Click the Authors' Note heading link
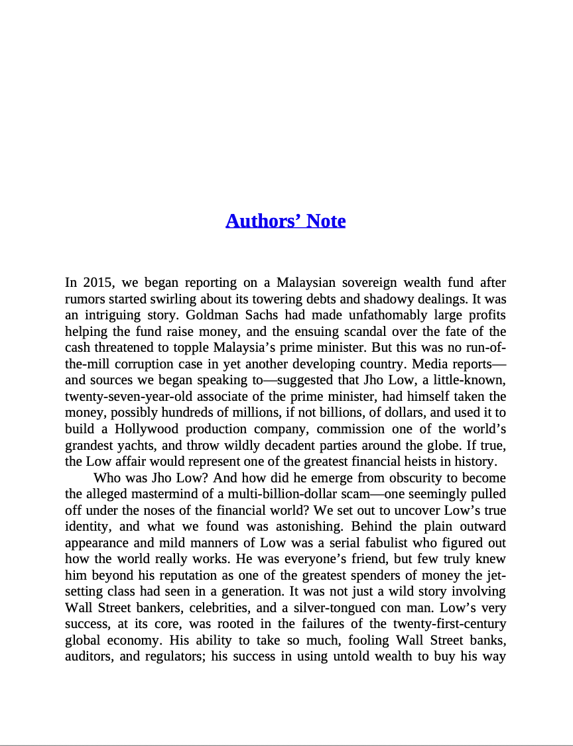pyautogui.click(x=285, y=221)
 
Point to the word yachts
pyautogui.click(x=130, y=445)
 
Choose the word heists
pyautogui.click(x=423, y=462)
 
